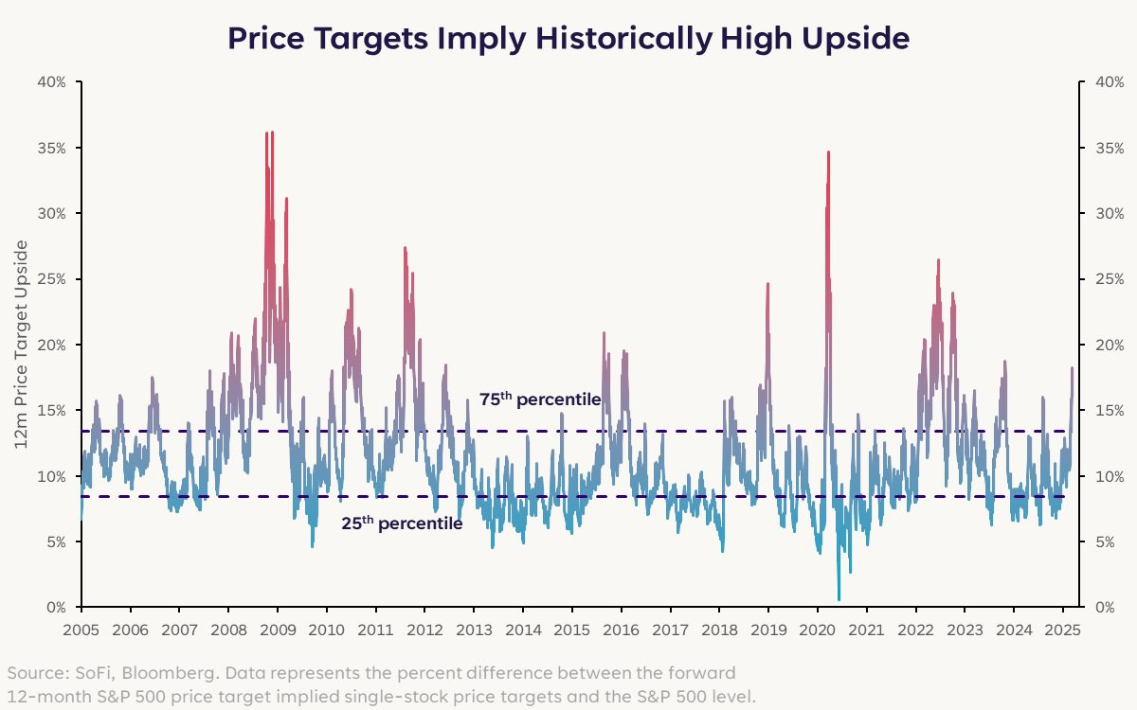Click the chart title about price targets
(568, 39)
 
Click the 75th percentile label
(539, 399)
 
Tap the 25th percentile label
(402, 523)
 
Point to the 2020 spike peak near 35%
(828, 152)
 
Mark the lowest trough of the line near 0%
(839, 599)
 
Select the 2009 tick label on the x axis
(277, 629)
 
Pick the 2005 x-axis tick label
(81, 629)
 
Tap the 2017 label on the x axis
(671, 629)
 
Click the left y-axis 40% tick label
(51, 82)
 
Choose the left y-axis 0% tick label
(55, 607)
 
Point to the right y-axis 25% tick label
(1109, 279)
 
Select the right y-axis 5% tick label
(1105, 541)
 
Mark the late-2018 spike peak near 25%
(767, 284)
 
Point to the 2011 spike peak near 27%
(405, 248)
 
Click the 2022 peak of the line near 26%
(938, 260)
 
